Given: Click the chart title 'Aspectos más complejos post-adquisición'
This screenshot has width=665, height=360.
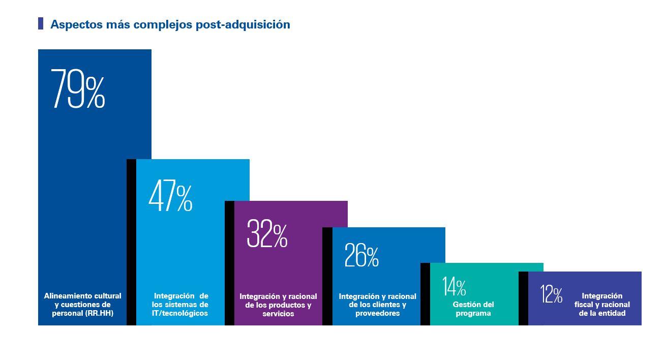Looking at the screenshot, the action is point(170,24).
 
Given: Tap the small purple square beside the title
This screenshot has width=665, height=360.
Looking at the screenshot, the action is point(41,23).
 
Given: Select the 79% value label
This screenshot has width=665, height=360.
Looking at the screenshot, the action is point(78,88).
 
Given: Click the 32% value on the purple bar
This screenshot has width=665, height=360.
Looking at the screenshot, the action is point(267,233).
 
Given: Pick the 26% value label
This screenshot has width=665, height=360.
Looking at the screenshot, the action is point(361,255).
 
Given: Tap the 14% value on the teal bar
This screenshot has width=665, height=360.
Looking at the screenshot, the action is point(454,286).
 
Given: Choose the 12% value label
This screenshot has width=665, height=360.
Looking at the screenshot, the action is point(551,294).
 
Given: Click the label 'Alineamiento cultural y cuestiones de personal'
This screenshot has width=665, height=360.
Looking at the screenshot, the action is point(82,305).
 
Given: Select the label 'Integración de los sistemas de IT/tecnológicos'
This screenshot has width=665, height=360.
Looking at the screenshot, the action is point(180,305).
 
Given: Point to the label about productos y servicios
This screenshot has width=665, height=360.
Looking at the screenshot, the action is point(278,305).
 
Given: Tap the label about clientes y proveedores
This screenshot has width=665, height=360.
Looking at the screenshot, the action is point(377,305).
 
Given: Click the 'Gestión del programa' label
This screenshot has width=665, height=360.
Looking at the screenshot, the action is point(473,309).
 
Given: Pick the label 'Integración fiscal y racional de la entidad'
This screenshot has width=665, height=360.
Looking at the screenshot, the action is point(602,305).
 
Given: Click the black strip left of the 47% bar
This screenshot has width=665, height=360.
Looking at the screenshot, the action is point(131,242).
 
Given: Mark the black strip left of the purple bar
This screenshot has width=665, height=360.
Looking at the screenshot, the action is point(229,263).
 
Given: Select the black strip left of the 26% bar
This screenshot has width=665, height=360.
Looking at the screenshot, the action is point(327,276).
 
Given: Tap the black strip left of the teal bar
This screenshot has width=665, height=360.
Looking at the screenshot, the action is point(425,294).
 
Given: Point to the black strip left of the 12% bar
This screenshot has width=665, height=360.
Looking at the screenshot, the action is point(523,298).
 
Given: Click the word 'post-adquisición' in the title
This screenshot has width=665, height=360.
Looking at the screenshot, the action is point(243,24).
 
